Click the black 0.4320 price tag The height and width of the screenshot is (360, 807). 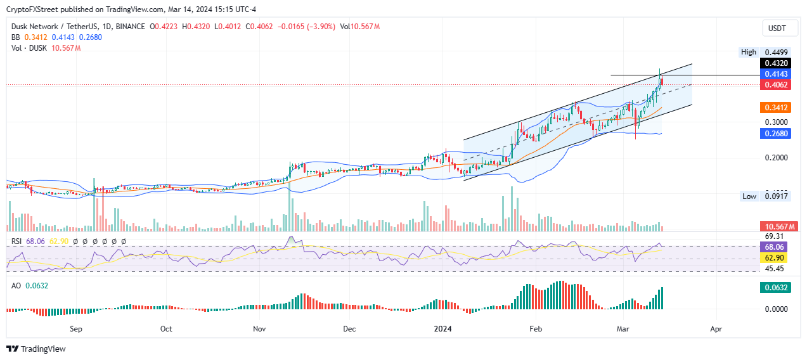777,63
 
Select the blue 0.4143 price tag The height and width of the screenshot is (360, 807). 777,74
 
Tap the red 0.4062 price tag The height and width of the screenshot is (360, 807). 777,84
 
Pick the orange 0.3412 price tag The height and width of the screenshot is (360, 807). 777,108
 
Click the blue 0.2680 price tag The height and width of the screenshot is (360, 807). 777,134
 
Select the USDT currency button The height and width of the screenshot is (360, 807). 777,29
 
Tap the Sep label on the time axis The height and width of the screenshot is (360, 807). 76,329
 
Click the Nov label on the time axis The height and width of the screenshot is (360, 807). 259,329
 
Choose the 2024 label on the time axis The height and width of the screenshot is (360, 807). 442,329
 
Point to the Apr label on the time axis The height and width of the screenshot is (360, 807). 716,329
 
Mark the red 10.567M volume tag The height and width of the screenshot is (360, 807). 778,226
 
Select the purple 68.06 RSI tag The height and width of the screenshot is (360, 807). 774,247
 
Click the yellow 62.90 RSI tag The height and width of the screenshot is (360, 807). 774,258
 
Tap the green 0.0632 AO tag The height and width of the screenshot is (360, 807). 777,288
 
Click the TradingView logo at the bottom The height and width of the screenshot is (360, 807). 36,349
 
